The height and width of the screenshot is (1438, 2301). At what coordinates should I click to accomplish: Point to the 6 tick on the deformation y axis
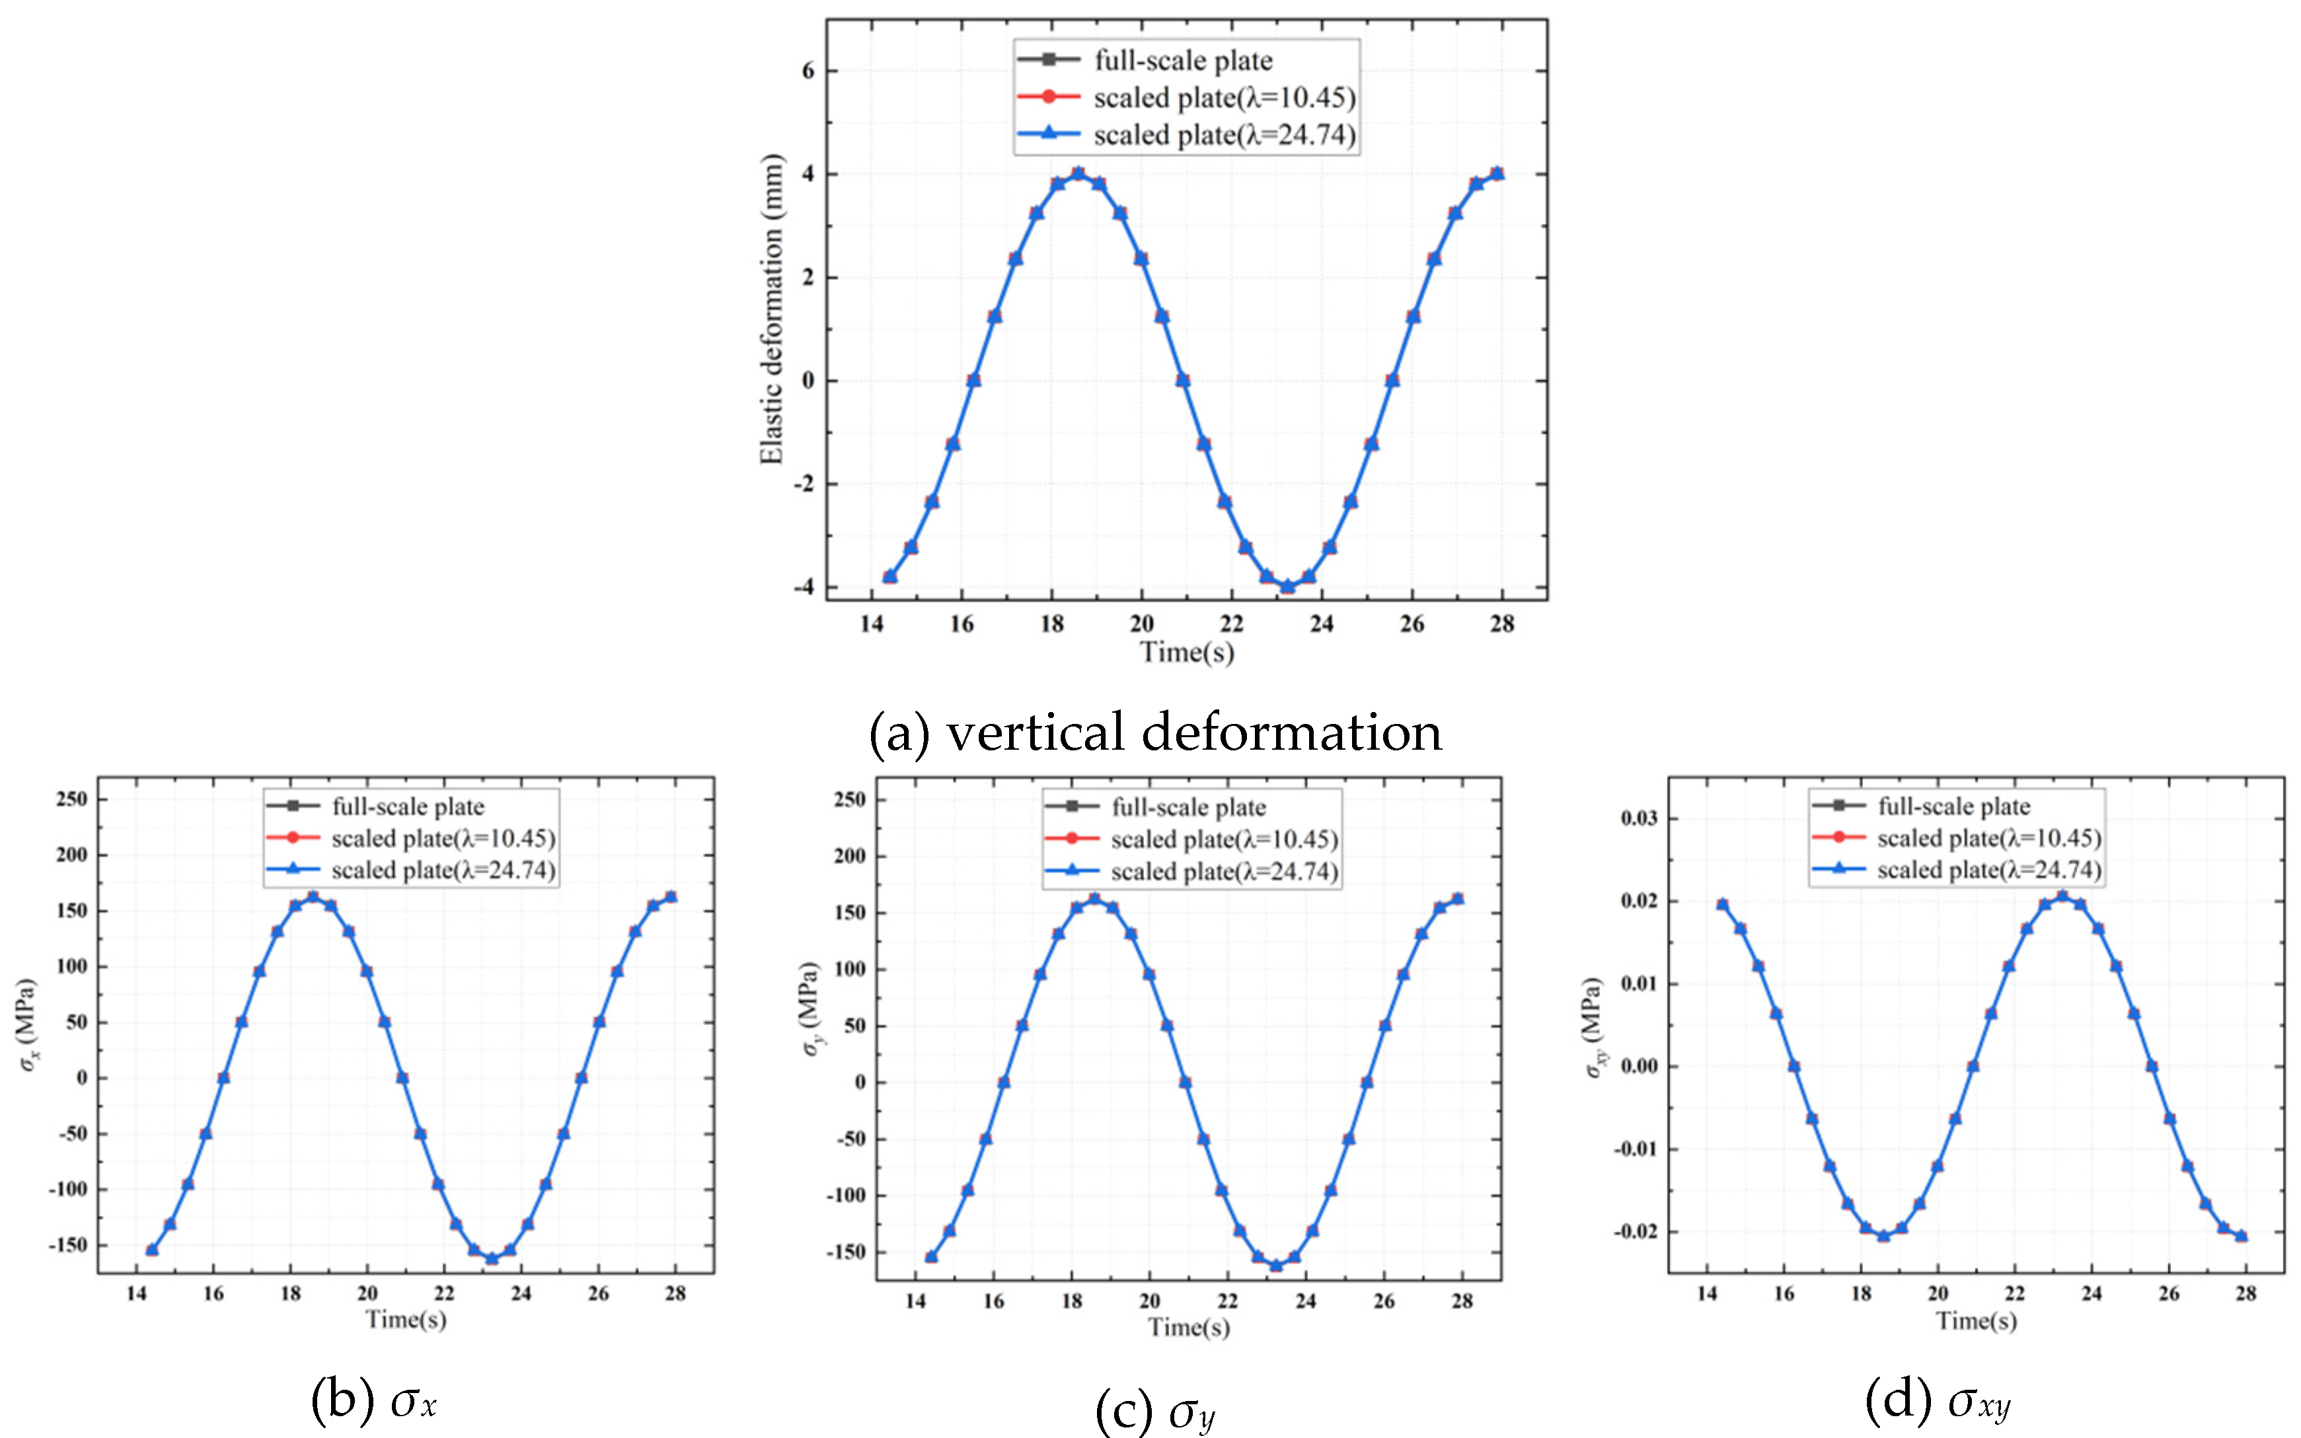click(808, 71)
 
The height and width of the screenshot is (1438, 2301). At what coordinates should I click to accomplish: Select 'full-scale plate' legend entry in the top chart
click(1182, 61)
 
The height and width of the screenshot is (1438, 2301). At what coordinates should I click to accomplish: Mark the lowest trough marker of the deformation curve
click(1287, 587)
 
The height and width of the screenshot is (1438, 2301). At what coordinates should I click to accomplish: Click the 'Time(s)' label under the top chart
click(1186, 653)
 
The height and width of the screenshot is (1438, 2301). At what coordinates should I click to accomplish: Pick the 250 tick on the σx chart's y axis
click(71, 799)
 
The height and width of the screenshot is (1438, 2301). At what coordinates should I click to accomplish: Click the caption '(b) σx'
click(374, 1400)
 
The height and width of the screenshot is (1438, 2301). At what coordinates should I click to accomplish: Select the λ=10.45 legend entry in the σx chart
click(442, 838)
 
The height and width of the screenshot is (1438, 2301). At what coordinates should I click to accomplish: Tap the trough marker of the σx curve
click(492, 1258)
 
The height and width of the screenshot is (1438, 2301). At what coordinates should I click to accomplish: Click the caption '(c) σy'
click(1154, 1410)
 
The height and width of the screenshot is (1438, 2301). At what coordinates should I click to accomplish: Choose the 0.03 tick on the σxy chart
click(1638, 819)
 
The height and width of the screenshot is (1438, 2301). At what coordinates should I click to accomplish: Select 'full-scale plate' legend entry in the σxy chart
click(1953, 807)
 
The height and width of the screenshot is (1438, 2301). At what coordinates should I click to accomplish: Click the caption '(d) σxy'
click(1938, 1400)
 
